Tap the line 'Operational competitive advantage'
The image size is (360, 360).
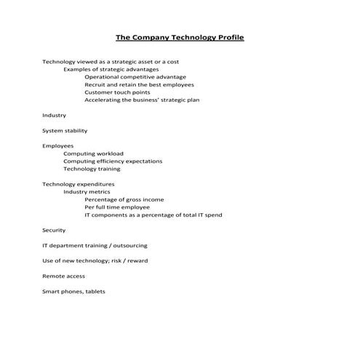pyautogui.click(x=135, y=77)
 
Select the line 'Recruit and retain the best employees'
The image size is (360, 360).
pyautogui.click(x=138, y=85)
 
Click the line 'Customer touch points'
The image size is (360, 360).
pyautogui.click(x=118, y=92)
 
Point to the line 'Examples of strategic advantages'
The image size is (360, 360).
pyautogui.click(x=111, y=69)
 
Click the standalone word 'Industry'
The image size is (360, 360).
pyautogui.click(x=55, y=116)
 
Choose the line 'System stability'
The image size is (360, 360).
pyautogui.click(x=65, y=131)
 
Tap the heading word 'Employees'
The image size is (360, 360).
pyautogui.click(x=57, y=146)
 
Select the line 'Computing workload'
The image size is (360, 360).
pyautogui.click(x=93, y=153)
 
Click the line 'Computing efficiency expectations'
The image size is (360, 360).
pyautogui.click(x=113, y=161)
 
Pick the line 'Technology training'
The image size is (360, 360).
pyautogui.click(x=92, y=169)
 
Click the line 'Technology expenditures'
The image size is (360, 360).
pyautogui.click(x=79, y=185)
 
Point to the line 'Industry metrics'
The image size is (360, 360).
pyautogui.click(x=87, y=192)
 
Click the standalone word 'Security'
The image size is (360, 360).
pyautogui.click(x=55, y=231)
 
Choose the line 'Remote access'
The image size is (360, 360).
pyautogui.click(x=64, y=276)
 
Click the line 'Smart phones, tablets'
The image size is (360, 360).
pyautogui.click(x=74, y=292)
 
